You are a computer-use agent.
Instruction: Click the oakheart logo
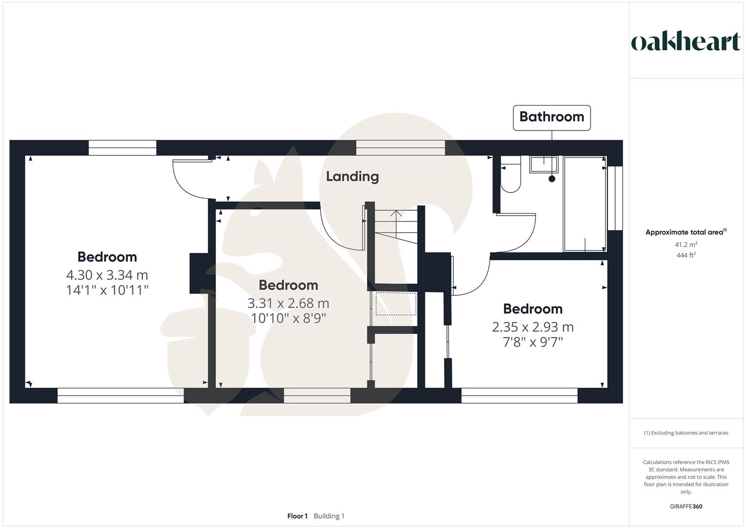click(685, 42)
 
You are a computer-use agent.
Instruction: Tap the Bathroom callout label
click(552, 117)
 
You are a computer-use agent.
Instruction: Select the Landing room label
click(352, 176)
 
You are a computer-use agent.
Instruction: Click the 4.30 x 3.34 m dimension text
click(107, 275)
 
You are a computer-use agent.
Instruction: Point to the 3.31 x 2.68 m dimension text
click(288, 303)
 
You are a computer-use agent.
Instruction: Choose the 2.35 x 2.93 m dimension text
click(533, 327)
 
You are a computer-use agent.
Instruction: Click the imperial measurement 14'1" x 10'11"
click(107, 290)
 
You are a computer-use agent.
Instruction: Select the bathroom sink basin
click(544, 164)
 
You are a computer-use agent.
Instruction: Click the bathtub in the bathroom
click(584, 203)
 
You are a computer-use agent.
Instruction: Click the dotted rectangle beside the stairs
click(396, 304)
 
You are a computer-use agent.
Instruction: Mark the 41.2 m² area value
click(685, 244)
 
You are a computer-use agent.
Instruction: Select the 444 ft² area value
click(685, 255)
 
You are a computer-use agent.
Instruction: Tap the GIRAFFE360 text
click(685, 506)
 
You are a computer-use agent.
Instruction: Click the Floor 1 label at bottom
click(297, 516)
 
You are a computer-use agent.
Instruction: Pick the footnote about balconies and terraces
click(685, 433)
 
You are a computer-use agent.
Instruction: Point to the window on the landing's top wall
click(400, 148)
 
